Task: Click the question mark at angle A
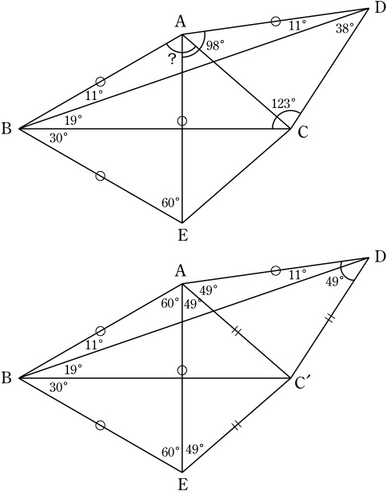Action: coord(172,59)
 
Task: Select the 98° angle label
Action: coord(215,46)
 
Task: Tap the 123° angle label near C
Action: coord(283,103)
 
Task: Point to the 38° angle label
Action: coord(345,29)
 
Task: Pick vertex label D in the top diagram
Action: coord(380,8)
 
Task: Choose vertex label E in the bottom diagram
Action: coord(182,484)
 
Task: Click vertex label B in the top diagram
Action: coord(6,129)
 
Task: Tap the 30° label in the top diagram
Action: coord(58,138)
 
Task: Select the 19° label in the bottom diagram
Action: coord(74,369)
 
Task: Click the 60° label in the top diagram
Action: coord(170,203)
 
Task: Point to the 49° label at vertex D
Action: coord(334,281)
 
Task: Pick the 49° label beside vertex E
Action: coord(195,449)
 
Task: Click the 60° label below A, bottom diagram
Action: coord(170,303)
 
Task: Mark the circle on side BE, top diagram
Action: coord(100,176)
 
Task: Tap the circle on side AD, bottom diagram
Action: coord(275,270)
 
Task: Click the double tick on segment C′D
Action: coord(330,318)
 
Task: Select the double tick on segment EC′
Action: coord(237,425)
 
